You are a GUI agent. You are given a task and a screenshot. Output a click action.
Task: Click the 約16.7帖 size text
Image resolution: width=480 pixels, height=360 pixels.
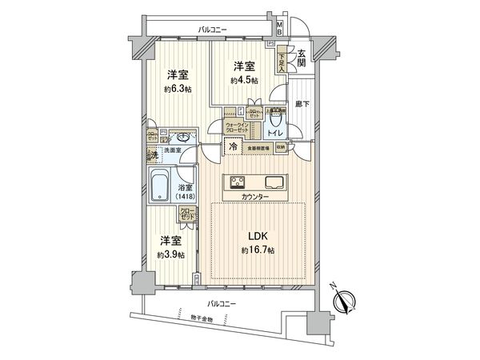coord(257,251)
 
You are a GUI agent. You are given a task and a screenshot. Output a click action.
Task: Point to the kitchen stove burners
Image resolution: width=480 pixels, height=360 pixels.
coord(238,180)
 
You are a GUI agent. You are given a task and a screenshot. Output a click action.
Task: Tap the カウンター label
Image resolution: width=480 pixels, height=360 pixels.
coord(254,197)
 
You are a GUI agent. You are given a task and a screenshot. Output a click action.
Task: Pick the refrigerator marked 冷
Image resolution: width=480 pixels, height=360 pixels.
coord(233,147)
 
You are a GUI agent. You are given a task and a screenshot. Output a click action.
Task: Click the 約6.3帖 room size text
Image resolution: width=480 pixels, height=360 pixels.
coord(178,89)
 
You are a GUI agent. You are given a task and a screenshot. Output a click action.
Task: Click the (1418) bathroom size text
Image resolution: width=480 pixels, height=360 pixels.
coord(185,197)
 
